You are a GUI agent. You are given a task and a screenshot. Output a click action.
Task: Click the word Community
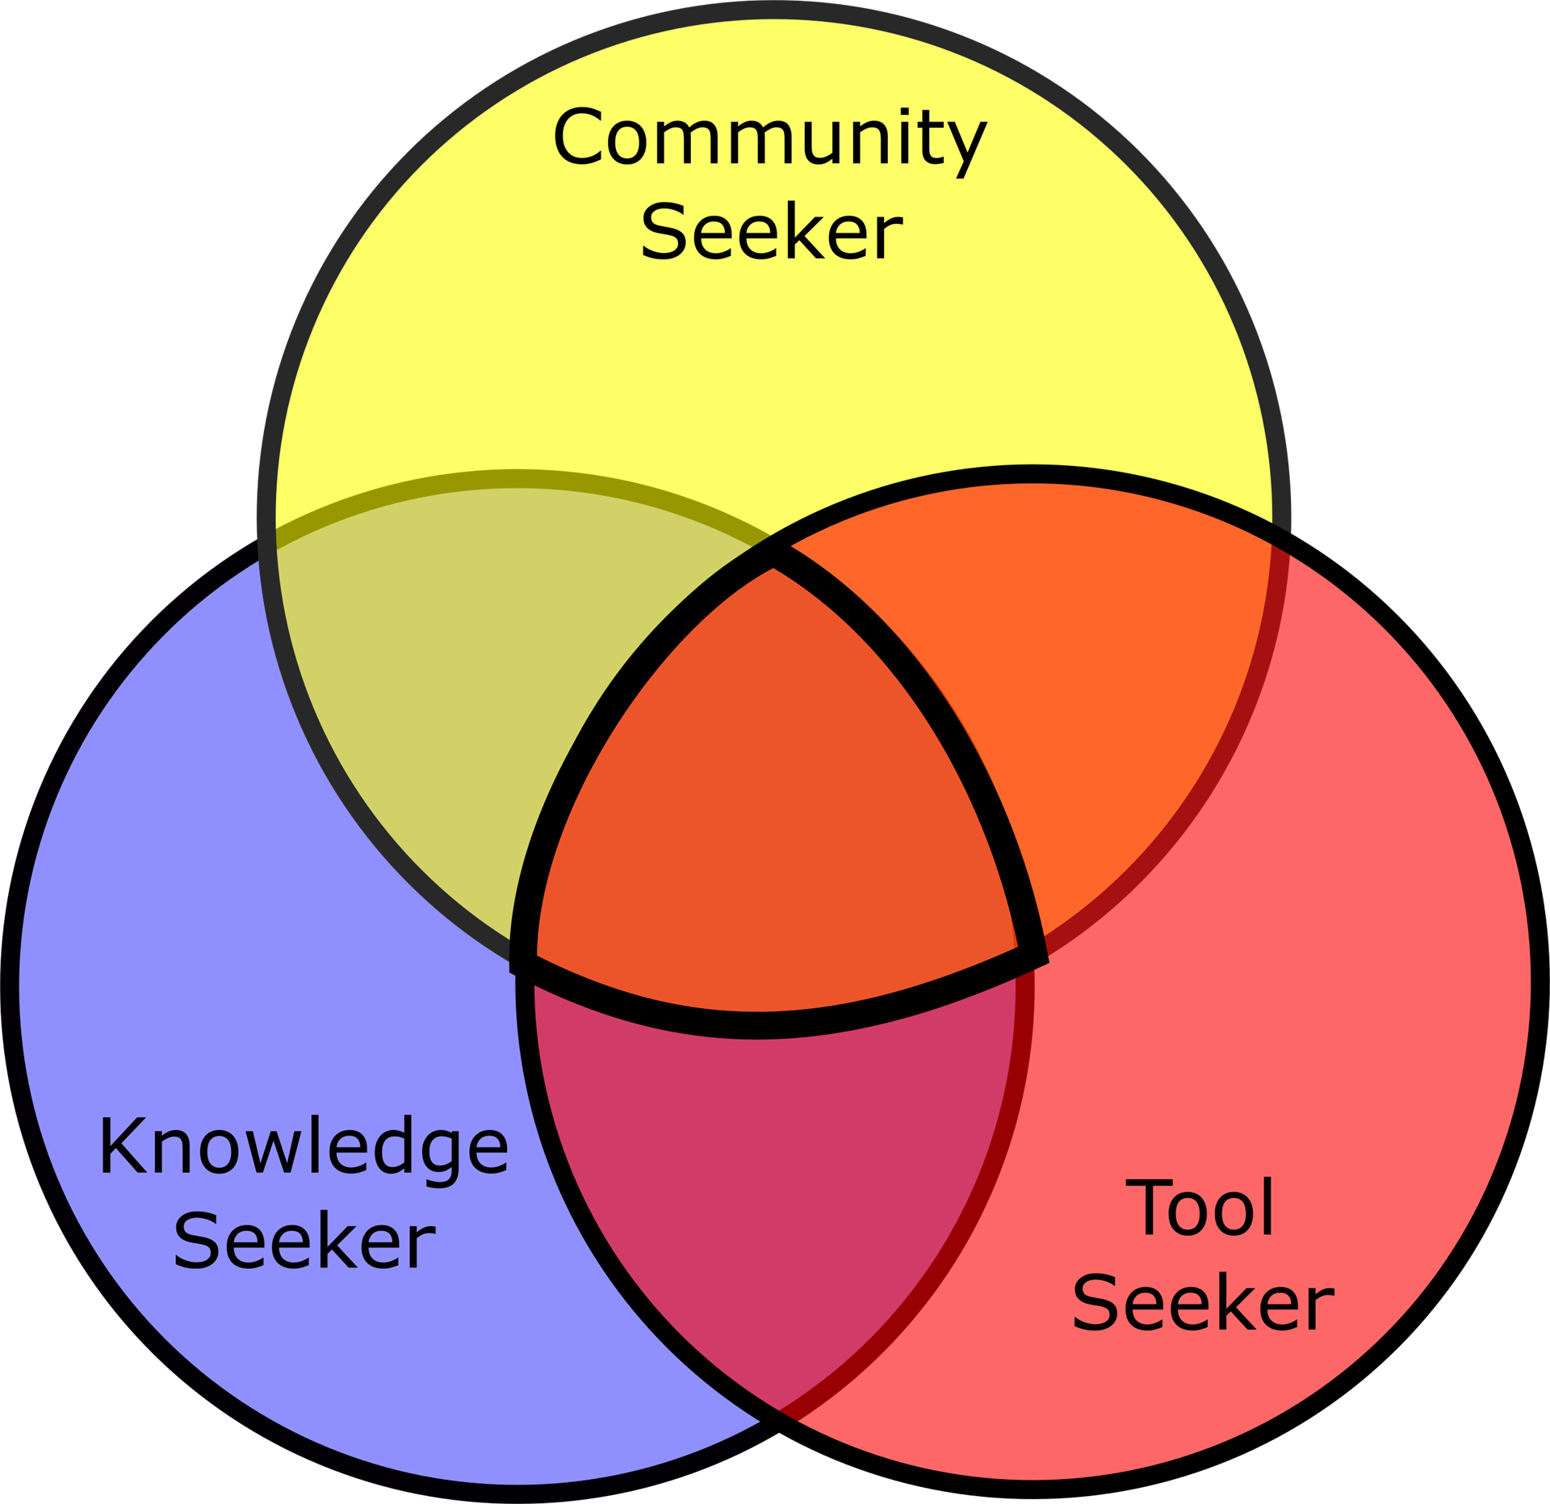pyautogui.click(x=769, y=139)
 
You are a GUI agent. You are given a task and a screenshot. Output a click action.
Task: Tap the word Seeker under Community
pyautogui.click(x=771, y=233)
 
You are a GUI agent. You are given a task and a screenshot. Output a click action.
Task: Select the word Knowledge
pyautogui.click(x=304, y=1148)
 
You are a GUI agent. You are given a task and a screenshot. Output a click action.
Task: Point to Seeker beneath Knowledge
pyautogui.click(x=304, y=1241)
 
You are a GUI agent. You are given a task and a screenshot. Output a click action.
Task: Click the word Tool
pyautogui.click(x=1201, y=1209)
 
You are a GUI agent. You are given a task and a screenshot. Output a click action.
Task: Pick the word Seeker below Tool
pyautogui.click(x=1203, y=1304)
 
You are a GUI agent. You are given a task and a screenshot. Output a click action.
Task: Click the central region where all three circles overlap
pyautogui.click(x=771, y=800)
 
